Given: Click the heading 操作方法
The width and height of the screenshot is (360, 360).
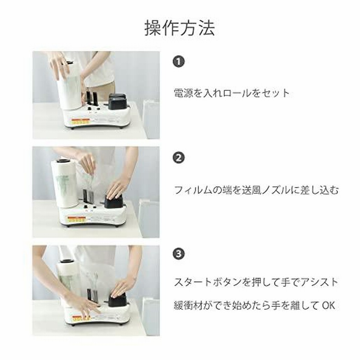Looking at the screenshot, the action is (x=180, y=28).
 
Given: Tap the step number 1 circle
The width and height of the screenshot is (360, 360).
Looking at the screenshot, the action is (x=179, y=62).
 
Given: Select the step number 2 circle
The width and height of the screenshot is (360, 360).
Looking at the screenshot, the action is (x=179, y=158).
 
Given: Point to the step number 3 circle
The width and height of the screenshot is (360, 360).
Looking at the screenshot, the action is (x=179, y=254).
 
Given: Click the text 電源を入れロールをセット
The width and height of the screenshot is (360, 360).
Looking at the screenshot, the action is (x=231, y=93).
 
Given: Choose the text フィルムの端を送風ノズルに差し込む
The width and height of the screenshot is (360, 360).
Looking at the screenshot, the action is (x=256, y=190).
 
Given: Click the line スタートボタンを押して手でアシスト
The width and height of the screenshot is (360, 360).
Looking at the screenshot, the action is (x=256, y=283).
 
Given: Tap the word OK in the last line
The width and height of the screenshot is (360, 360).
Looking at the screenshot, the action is (x=328, y=306).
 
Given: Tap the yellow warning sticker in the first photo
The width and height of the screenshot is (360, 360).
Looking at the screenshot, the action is (x=80, y=121).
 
